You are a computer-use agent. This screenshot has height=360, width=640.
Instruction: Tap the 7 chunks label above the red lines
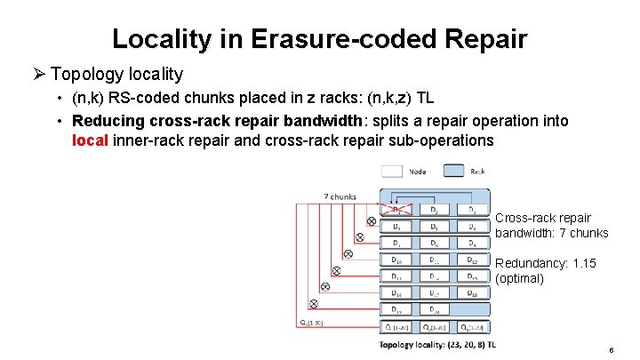pos(340,196)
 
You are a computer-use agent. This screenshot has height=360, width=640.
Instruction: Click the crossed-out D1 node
pos(396,211)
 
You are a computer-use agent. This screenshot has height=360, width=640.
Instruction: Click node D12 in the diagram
pos(471,260)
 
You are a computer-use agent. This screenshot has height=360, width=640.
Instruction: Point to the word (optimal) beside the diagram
pos(519,278)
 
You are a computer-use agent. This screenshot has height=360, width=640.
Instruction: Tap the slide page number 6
pos(611,350)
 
